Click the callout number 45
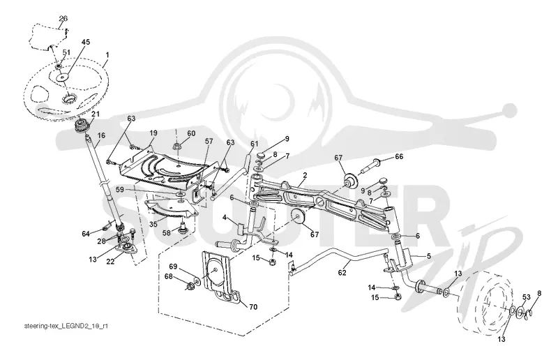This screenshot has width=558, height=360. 85,42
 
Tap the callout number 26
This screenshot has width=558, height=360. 63,19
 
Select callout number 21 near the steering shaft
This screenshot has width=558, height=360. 96,114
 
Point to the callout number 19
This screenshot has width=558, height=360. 153,133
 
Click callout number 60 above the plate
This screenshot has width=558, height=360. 191,133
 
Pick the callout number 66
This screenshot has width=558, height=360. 399,156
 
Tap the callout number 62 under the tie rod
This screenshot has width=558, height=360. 342,273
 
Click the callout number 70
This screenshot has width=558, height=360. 253,307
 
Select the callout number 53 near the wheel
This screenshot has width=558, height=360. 527,297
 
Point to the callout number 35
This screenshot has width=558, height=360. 153,225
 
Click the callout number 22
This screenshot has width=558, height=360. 110,262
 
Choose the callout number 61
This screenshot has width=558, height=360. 254,144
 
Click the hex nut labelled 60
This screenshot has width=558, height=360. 177,146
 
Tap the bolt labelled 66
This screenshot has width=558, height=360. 370,167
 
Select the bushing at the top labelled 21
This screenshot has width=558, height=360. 81,126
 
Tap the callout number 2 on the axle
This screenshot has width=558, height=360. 305,176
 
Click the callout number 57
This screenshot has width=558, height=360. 209,142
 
